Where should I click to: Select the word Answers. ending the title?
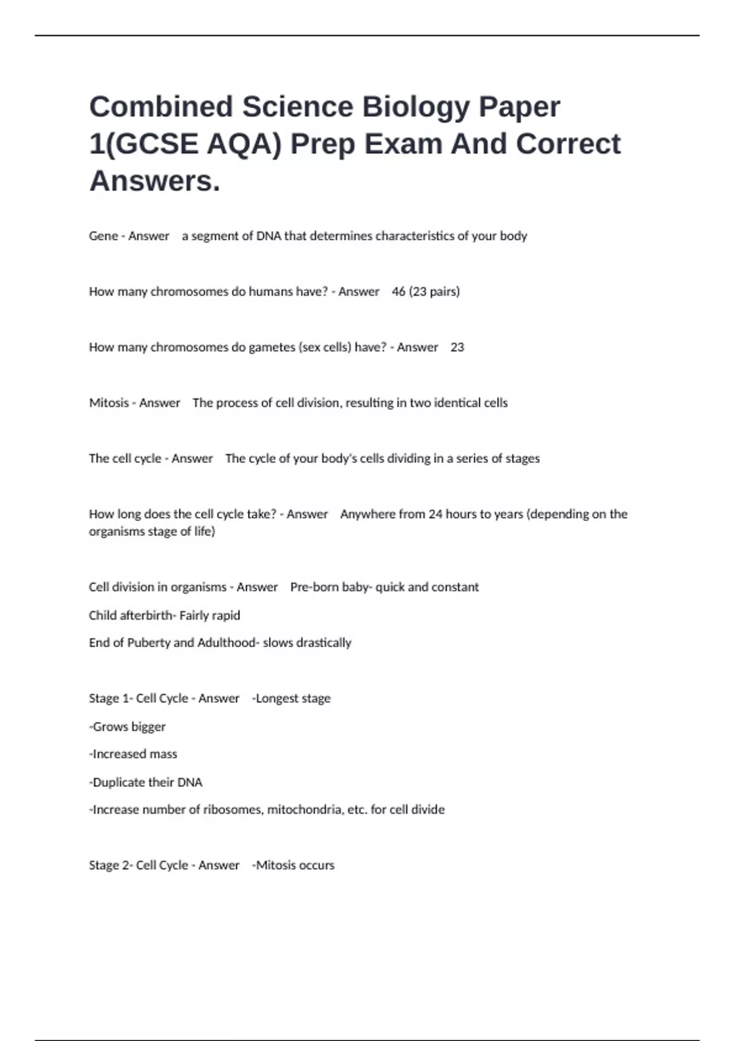154,181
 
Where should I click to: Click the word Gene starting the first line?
103,236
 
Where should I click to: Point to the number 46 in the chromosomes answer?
398,291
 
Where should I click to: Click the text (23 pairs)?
434,291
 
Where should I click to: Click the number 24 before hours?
435,514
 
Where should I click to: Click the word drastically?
323,643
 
